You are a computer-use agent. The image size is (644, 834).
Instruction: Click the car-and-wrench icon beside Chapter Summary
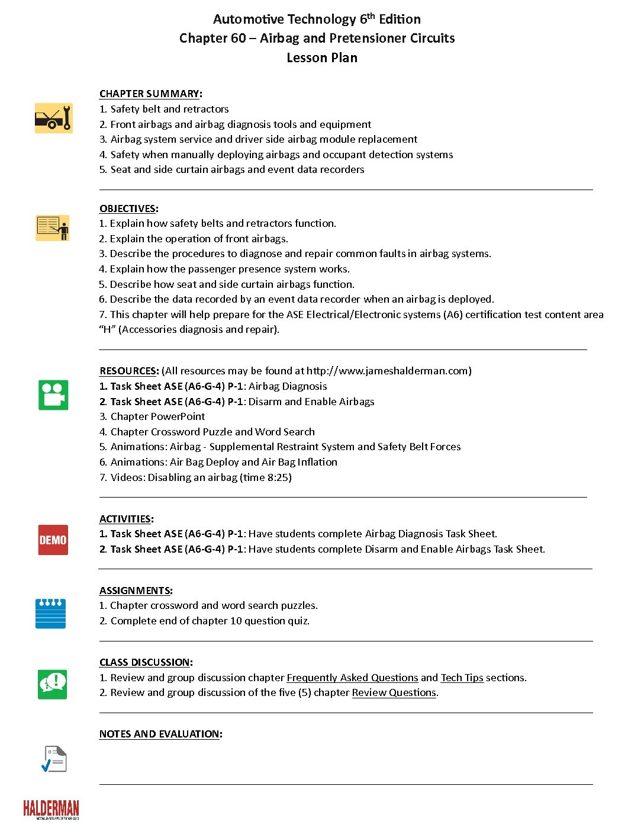53,118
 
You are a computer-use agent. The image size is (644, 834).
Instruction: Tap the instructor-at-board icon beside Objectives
53,228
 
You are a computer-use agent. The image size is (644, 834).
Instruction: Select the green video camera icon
53,395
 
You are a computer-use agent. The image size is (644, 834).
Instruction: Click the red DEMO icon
53,540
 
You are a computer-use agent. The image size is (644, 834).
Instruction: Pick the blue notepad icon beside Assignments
50,613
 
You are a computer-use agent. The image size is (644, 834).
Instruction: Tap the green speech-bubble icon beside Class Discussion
53,684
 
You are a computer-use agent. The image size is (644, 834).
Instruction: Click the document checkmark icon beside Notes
54,759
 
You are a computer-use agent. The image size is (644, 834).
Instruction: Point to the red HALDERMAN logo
51,809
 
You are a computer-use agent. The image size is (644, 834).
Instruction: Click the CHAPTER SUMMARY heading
150,94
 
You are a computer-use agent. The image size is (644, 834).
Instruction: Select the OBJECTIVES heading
128,208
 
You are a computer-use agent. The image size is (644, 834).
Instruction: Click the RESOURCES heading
128,371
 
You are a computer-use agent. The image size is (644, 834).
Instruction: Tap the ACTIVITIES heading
125,519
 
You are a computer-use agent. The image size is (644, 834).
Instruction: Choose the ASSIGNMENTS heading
135,591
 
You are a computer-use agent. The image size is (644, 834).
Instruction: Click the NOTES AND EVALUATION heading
160,734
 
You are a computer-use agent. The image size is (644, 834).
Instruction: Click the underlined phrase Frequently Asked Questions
352,678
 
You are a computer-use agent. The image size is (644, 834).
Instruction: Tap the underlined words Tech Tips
462,678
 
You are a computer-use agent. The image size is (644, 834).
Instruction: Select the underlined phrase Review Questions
394,692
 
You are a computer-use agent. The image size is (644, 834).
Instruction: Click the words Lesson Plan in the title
322,57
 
